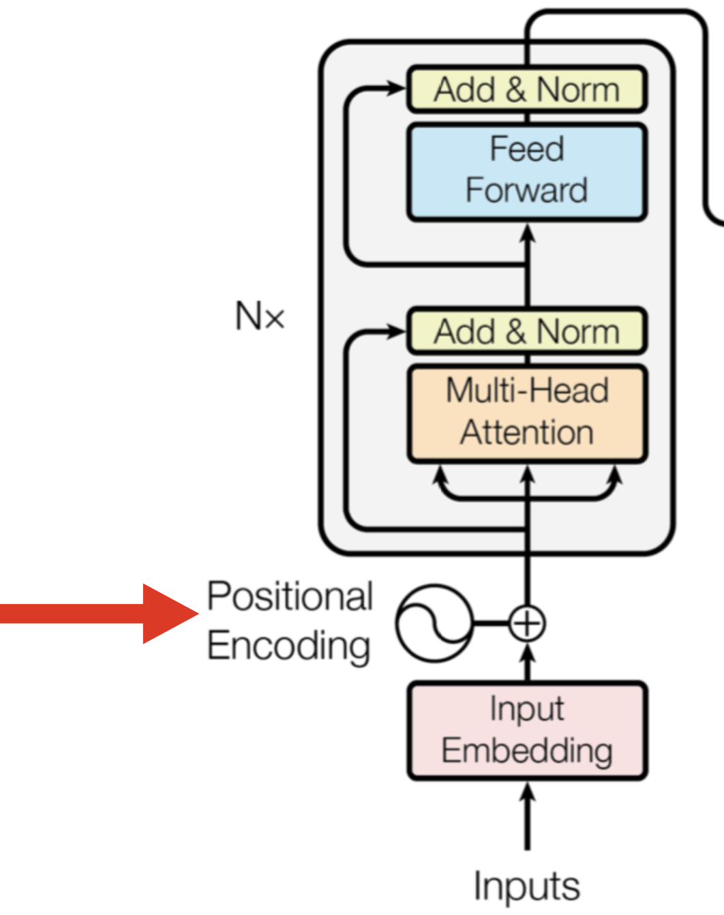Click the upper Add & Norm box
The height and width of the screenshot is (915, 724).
click(x=526, y=89)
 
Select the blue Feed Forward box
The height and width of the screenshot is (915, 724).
click(x=526, y=170)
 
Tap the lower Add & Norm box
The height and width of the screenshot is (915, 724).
click(x=526, y=331)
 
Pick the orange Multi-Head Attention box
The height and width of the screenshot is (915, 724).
click(x=526, y=413)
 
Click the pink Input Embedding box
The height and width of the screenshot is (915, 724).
click(x=526, y=730)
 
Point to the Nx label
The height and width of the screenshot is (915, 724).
click(x=259, y=316)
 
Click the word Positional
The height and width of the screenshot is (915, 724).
click(x=290, y=597)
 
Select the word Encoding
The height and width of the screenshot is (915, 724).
click(x=288, y=646)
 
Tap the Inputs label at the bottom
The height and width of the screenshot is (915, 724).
click(x=526, y=886)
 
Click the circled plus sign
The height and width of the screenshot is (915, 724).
click(x=526, y=623)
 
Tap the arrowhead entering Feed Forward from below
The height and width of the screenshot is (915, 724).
click(x=527, y=233)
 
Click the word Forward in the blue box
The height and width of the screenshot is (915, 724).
click(x=526, y=190)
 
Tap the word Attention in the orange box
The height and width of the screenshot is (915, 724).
click(x=526, y=433)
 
